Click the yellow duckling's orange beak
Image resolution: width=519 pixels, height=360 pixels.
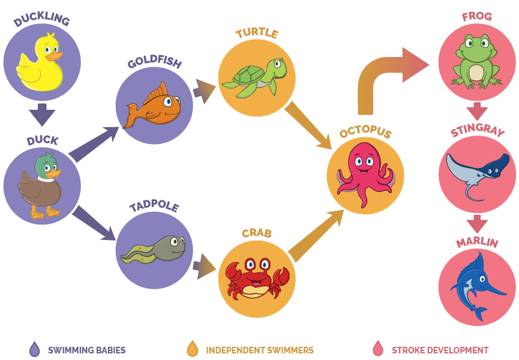55,56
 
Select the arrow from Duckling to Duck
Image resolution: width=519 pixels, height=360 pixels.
42,113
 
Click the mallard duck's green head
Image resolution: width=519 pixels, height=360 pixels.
44,163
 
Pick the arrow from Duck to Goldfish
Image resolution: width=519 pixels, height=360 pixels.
94,144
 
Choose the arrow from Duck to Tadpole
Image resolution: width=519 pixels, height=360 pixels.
94,221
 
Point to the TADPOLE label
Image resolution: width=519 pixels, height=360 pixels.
154,206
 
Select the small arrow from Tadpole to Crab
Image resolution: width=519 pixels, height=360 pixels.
204,266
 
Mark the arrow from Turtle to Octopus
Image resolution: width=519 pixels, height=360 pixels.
308,125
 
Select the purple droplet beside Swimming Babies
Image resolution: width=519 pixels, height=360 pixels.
34,349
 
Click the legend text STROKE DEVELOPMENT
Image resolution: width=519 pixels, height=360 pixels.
440,350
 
